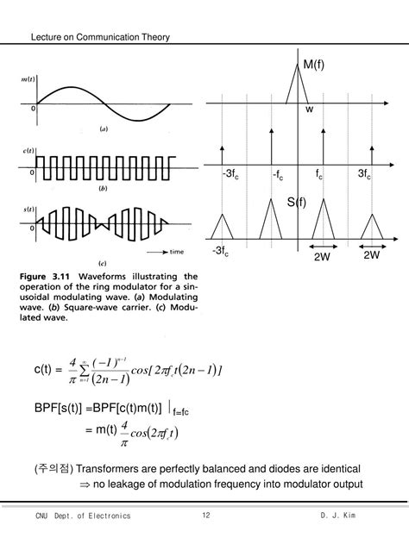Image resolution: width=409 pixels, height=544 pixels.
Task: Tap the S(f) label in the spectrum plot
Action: pyautogui.click(x=298, y=203)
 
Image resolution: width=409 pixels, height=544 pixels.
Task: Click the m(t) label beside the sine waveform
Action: pyautogui.click(x=22, y=80)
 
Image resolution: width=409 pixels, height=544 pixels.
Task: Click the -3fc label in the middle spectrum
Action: pyautogui.click(x=230, y=175)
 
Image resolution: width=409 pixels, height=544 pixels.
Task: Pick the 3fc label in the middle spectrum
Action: pyautogui.click(x=366, y=175)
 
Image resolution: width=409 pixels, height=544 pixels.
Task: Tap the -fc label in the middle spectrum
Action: pyautogui.click(x=278, y=175)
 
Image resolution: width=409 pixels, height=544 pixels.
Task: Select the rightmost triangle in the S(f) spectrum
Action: pyautogui.click(x=373, y=228)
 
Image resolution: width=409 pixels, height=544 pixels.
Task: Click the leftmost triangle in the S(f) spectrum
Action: pyautogui.click(x=223, y=228)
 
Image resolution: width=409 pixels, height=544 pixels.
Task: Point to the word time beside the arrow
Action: pyautogui.click(x=178, y=253)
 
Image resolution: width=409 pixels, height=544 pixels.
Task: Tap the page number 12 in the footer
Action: pyautogui.click(x=206, y=516)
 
